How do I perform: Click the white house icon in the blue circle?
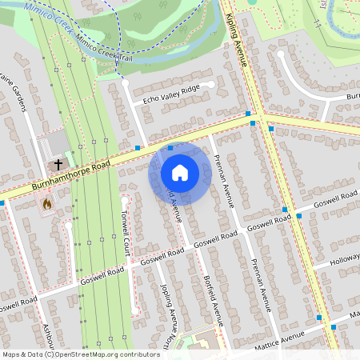pyautogui.click(x=180, y=173)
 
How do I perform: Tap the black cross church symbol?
pyautogui.click(x=58, y=166)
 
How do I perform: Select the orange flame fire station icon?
pyautogui.click(x=47, y=204)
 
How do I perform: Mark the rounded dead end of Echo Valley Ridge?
pyautogui.click(x=210, y=82)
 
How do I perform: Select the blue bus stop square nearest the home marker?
pyautogui.click(x=170, y=147)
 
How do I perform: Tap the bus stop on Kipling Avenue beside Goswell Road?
pyautogui.click(x=286, y=209)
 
